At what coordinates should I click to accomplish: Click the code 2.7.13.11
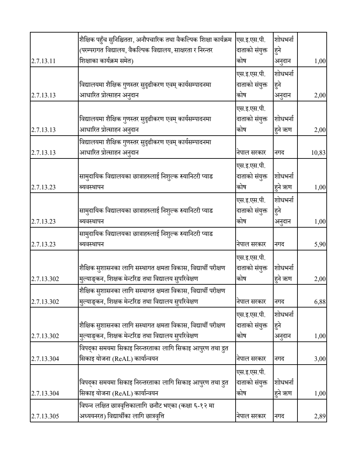click(x=43, y=61)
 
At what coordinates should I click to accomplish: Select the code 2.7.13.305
click(x=45, y=416)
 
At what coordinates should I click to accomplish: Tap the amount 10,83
click(x=318, y=153)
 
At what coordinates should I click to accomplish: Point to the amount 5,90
click(x=320, y=244)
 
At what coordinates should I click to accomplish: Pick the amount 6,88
click(x=320, y=301)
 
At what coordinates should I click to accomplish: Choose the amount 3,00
click(x=320, y=359)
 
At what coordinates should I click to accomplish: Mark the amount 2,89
click(x=320, y=416)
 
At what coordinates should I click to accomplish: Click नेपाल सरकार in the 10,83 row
click(x=251, y=153)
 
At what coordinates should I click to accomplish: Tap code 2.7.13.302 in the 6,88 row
click(x=45, y=301)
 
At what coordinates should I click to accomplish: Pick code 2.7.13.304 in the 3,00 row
click(x=45, y=359)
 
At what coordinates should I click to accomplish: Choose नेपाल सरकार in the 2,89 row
click(x=251, y=416)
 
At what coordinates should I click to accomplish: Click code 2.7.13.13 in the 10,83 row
click(x=43, y=153)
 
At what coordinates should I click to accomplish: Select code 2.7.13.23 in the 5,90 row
click(x=43, y=244)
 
